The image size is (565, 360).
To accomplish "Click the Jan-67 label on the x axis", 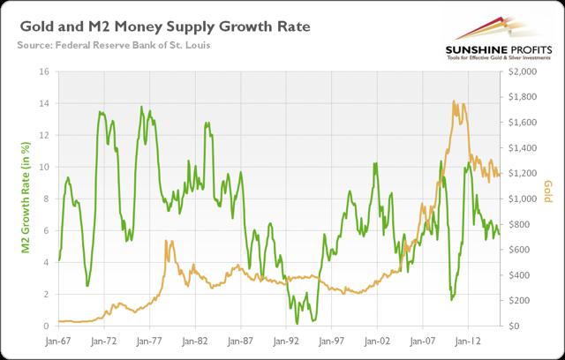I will click(x=59, y=339).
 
